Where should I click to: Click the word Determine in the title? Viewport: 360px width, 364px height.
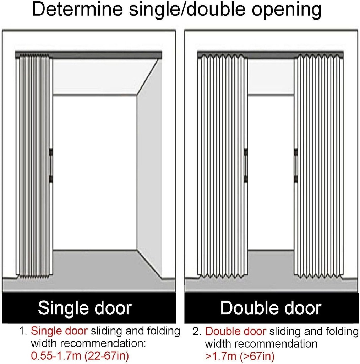(77, 9)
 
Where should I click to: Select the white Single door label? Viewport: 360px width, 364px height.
(85, 308)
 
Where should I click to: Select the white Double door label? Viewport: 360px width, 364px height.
(271, 308)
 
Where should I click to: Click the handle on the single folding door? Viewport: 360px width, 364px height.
(51, 165)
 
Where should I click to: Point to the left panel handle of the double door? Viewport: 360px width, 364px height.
(246, 165)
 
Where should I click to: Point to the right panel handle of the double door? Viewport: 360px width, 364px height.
(296, 165)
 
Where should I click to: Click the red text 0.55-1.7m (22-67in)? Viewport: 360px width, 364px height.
(80, 355)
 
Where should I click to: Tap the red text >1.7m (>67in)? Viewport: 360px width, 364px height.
(240, 355)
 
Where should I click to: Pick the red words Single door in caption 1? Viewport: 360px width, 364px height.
(59, 331)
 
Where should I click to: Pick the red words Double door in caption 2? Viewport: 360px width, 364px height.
(235, 331)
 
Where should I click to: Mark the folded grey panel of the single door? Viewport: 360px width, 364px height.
(34, 166)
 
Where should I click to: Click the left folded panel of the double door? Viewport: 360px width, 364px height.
(222, 166)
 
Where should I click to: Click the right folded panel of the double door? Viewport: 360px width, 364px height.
(319, 166)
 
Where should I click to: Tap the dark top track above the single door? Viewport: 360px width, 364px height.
(88, 54)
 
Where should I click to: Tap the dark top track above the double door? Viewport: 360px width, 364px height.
(270, 54)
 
